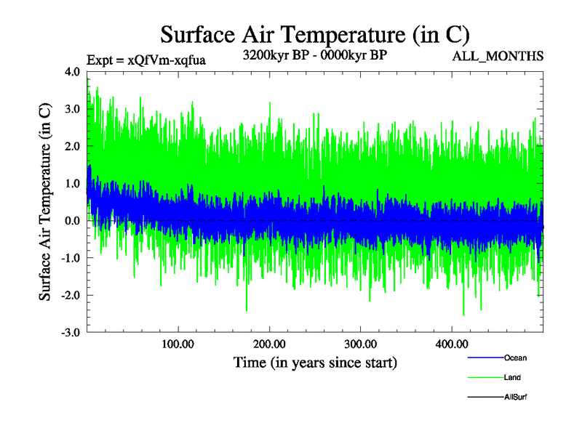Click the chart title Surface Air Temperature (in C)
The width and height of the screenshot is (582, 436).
tap(315, 34)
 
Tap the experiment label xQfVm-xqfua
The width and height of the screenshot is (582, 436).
tap(145, 60)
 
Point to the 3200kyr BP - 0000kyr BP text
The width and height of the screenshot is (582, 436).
tap(314, 54)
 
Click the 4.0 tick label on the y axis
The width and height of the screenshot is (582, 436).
tap(72, 72)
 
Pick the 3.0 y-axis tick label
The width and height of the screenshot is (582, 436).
tap(72, 109)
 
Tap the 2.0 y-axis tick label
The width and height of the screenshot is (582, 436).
tap(72, 146)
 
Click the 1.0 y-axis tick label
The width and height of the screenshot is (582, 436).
tap(72, 184)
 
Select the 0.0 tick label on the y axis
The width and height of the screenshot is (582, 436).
tap(72, 221)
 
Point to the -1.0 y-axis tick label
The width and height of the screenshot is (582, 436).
tap(71, 258)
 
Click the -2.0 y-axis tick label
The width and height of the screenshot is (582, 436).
tap(71, 295)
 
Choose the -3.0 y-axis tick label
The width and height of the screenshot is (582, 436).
tap(71, 333)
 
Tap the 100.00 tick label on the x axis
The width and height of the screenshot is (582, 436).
tap(178, 344)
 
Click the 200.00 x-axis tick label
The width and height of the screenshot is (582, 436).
tap(269, 344)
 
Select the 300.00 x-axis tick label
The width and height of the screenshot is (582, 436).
tap(360, 344)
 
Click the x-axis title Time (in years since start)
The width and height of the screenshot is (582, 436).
tap(314, 362)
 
